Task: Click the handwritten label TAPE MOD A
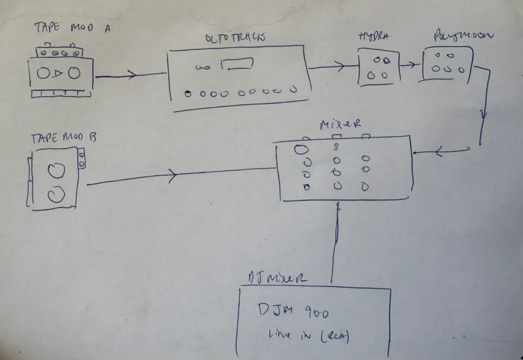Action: [72, 27]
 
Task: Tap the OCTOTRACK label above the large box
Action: [235, 38]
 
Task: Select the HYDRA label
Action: [373, 36]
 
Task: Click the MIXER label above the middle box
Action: [340, 124]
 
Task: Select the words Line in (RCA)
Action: [308, 336]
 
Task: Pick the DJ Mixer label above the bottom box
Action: [277, 277]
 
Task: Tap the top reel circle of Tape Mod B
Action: [56, 171]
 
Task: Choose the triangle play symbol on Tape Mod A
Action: [58, 74]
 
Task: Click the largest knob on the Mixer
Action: [301, 149]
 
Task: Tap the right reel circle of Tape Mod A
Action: [74, 73]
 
